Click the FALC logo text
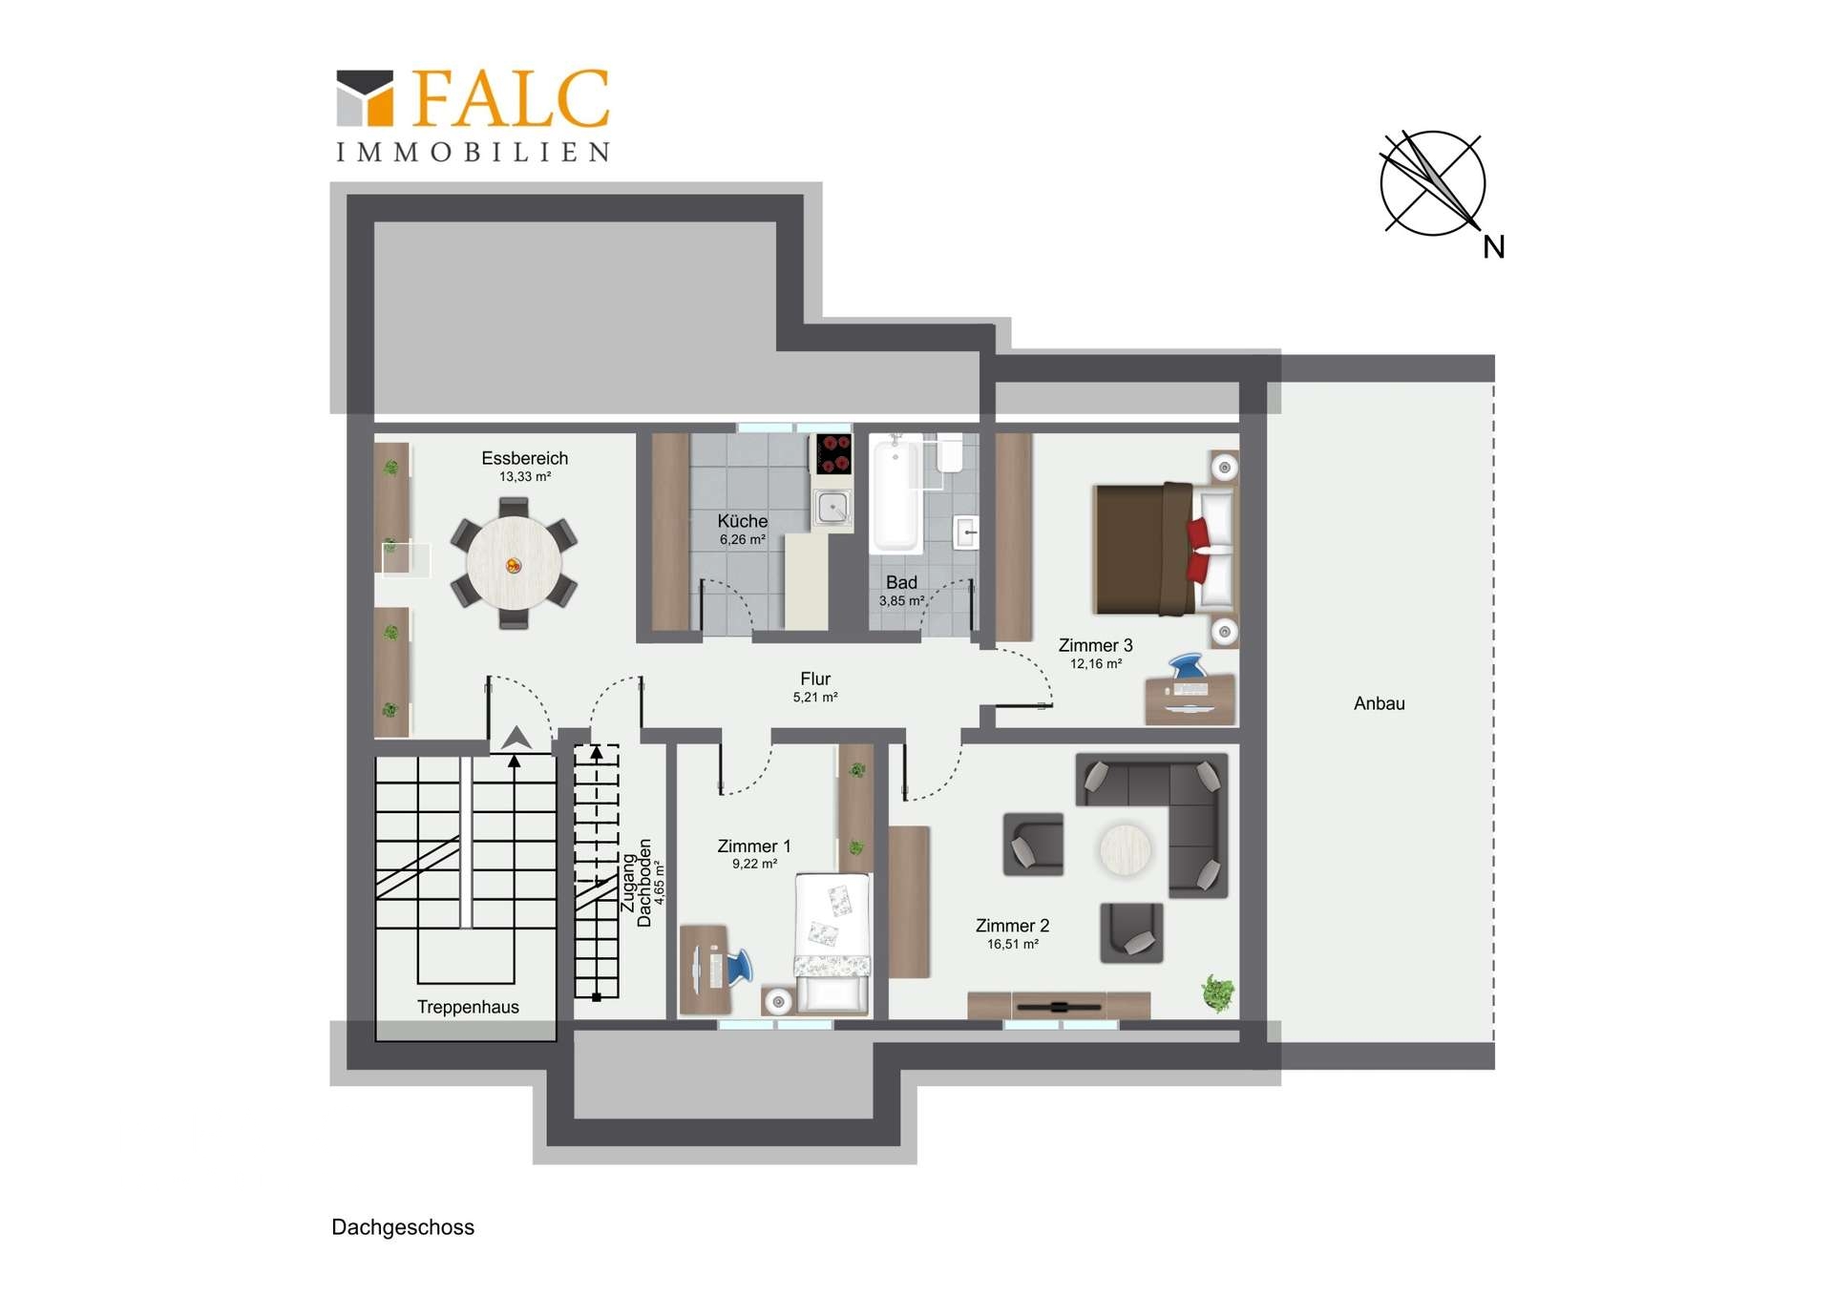click(x=512, y=98)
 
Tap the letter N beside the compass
click(x=1494, y=248)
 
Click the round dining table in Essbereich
click(x=514, y=562)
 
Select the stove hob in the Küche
click(x=832, y=454)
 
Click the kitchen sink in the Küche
click(x=832, y=507)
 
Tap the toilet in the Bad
click(x=950, y=453)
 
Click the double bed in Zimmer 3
click(x=1165, y=549)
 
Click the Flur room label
click(x=815, y=679)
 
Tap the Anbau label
click(x=1380, y=704)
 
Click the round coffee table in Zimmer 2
click(x=1126, y=849)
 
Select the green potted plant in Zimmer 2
click(x=1217, y=992)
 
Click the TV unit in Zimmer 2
click(x=1059, y=1006)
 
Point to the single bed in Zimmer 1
click(x=832, y=943)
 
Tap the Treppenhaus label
click(x=468, y=1008)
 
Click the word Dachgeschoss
click(x=403, y=1228)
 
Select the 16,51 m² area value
click(x=1013, y=945)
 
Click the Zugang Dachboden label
click(x=637, y=884)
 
